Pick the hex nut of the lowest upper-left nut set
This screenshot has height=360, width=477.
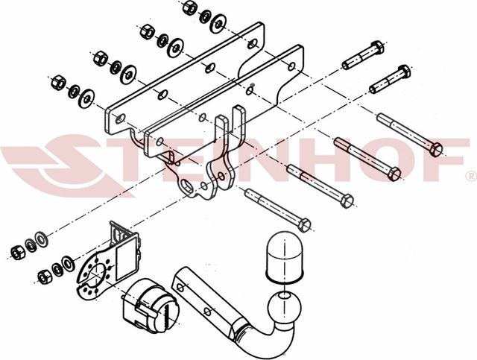[58, 81]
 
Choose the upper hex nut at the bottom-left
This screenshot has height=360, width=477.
[17, 247]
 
